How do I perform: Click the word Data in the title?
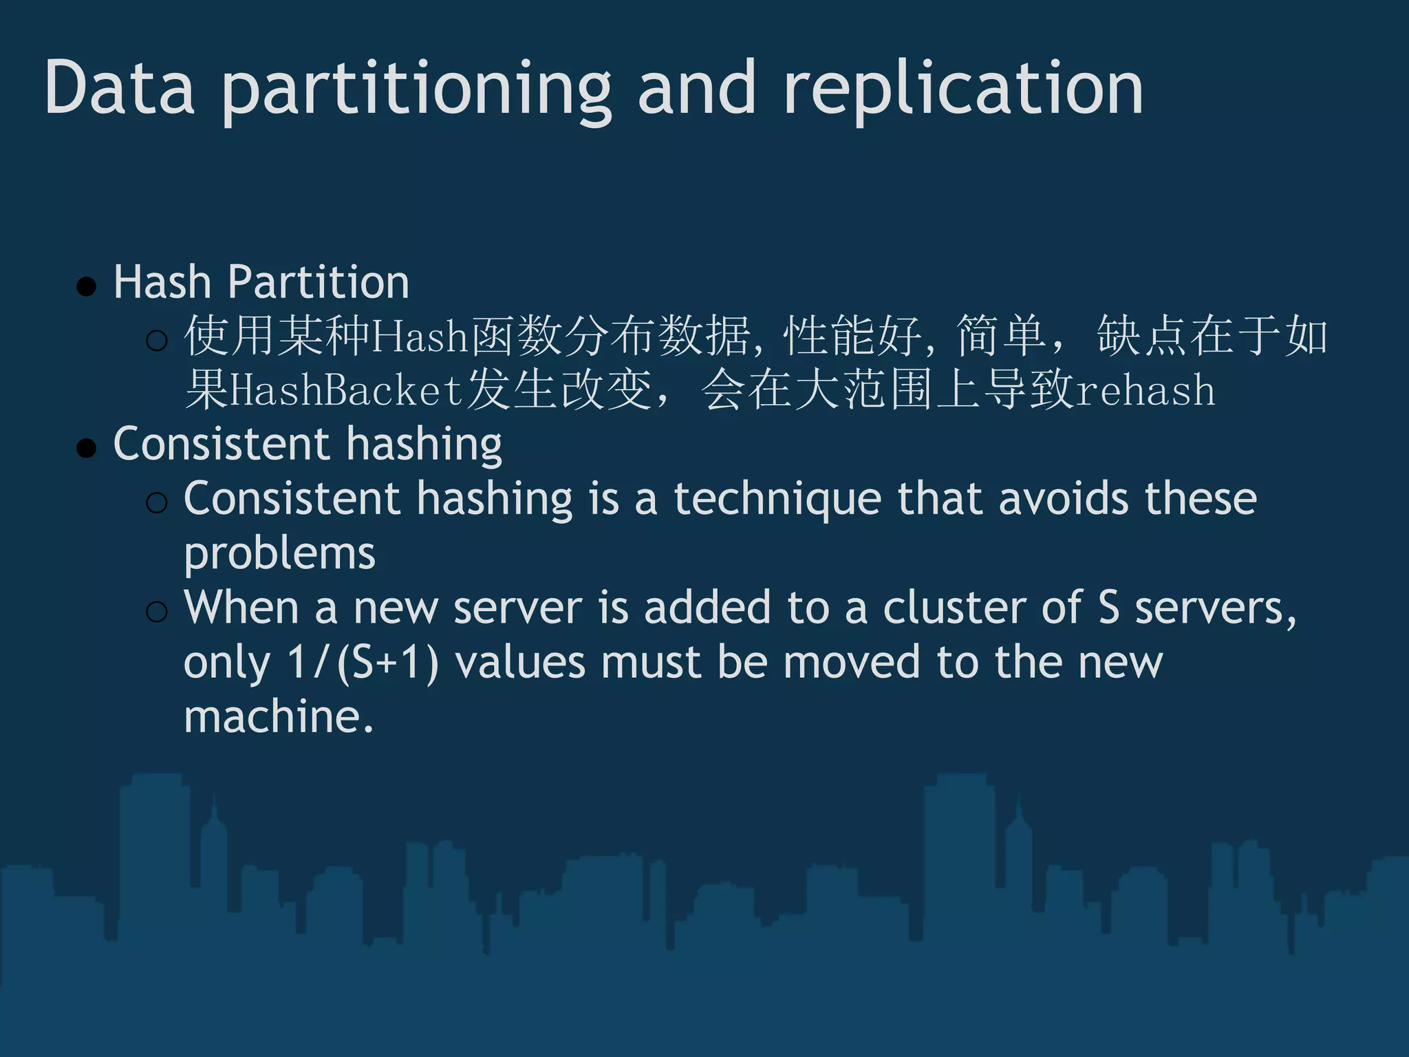(x=120, y=88)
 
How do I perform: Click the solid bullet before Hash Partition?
(x=87, y=286)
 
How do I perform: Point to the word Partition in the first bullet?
(x=319, y=282)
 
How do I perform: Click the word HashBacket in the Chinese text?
(x=346, y=390)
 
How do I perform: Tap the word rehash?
(x=1145, y=390)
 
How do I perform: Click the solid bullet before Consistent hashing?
(x=87, y=448)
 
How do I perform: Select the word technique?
(x=777, y=500)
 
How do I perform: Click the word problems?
(x=279, y=554)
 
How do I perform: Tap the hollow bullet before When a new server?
(x=157, y=611)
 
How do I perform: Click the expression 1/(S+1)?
(x=363, y=663)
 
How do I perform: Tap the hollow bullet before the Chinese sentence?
(x=157, y=340)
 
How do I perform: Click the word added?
(x=707, y=608)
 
